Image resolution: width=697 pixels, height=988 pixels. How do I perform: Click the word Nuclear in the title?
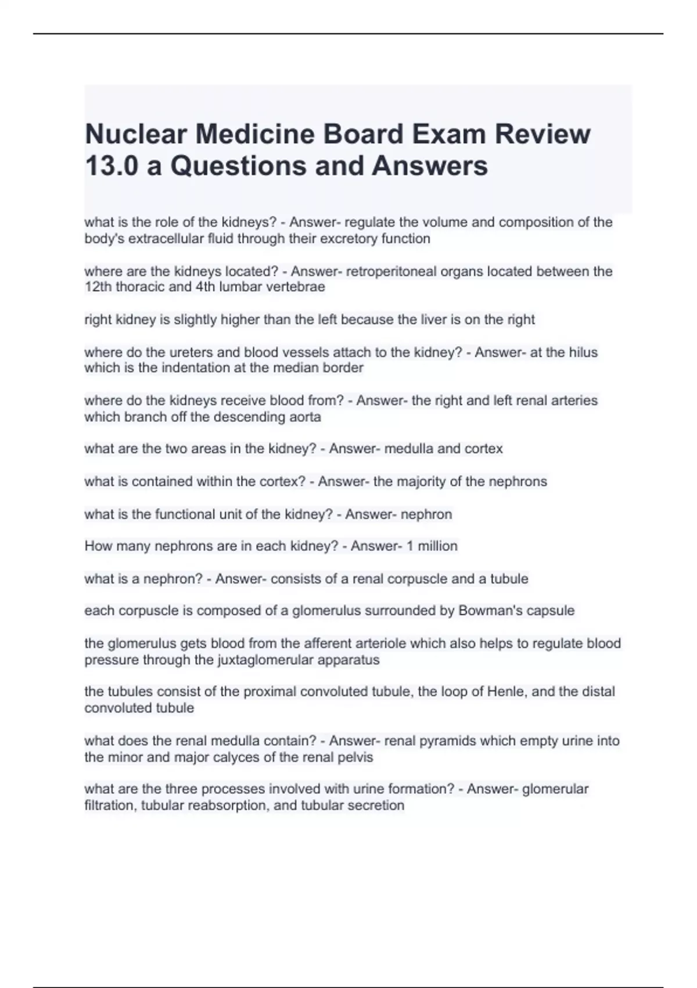pos(135,134)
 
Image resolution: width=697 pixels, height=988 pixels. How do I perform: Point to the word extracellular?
pos(166,239)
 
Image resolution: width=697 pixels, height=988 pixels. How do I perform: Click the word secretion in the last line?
pos(375,806)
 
